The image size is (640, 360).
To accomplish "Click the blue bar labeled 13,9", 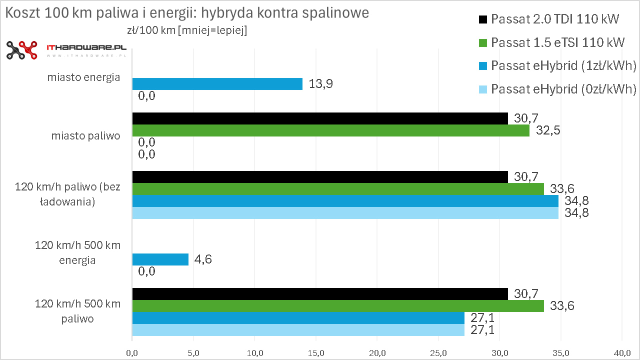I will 217,84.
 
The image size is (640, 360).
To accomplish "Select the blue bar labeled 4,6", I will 160,259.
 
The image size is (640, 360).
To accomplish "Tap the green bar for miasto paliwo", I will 330,130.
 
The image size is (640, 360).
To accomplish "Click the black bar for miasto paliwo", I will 320,118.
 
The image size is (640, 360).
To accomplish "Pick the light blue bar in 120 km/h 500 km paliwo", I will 298,330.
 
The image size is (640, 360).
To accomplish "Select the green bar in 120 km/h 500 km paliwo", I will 337,306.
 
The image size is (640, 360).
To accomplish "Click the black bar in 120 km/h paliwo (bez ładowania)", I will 320,177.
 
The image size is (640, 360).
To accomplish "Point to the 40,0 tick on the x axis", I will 622,353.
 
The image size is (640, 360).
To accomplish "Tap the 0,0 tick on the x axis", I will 132,353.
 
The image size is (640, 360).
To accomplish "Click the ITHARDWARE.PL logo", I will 66,49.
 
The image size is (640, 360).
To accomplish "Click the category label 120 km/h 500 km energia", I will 77,253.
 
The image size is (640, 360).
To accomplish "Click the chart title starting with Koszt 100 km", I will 186,13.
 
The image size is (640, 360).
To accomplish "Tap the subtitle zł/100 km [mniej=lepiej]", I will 187,30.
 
